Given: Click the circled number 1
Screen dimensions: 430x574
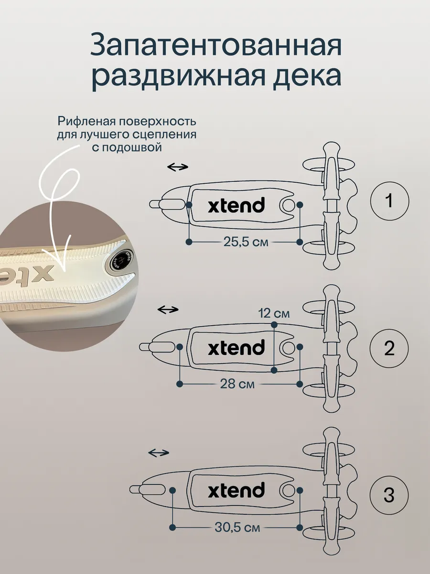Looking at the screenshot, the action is click(x=389, y=201).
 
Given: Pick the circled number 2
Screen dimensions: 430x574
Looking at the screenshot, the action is click(x=389, y=348).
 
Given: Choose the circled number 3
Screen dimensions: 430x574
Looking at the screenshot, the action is click(x=389, y=495).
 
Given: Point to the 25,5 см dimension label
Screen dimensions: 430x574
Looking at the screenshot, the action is click(x=246, y=242).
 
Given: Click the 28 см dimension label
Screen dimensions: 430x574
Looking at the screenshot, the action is click(x=237, y=384).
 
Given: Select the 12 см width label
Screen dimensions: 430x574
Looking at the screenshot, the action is click(x=274, y=313).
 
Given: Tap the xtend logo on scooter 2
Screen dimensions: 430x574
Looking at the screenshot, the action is click(x=236, y=347).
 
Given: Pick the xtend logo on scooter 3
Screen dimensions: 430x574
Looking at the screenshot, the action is click(x=236, y=489).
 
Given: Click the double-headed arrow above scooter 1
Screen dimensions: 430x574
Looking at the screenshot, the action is click(x=178, y=167).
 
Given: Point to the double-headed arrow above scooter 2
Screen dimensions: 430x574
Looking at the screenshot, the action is click(x=168, y=309).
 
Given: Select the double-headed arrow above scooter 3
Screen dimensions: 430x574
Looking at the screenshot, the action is click(x=159, y=453).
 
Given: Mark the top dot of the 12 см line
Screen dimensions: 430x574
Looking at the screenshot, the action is click(x=274, y=325).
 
